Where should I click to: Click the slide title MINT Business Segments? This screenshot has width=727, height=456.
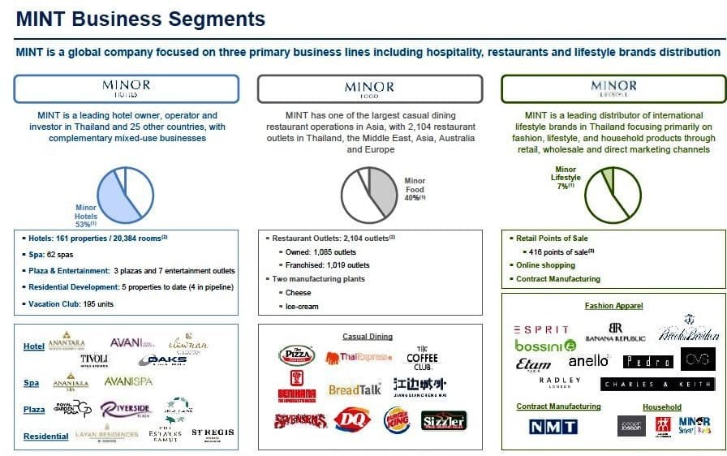140,19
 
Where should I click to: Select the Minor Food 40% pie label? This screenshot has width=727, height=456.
414,189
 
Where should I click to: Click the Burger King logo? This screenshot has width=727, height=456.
396,419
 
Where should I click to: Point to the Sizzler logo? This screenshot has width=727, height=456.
444,420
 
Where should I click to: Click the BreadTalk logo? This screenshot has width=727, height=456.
355,389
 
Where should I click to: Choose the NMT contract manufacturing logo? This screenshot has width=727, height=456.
553,427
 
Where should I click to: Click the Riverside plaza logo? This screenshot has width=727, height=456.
126,410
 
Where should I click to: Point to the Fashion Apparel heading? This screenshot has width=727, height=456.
613,306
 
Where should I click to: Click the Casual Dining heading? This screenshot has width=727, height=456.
368,336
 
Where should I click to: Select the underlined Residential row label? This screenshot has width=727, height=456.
45,437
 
